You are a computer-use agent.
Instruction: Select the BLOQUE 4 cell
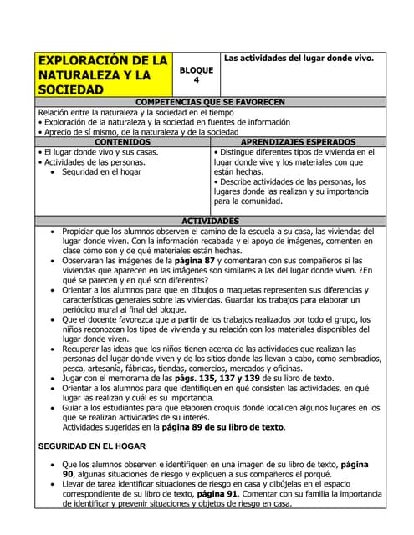196,74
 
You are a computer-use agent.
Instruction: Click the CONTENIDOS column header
123,142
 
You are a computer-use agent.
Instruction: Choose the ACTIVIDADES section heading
210,221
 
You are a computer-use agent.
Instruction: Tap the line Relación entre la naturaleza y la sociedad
125,112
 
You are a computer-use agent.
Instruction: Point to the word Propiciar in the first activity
81,231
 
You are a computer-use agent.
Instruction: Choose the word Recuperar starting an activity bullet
84,348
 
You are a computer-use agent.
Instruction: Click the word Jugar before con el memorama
74,378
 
